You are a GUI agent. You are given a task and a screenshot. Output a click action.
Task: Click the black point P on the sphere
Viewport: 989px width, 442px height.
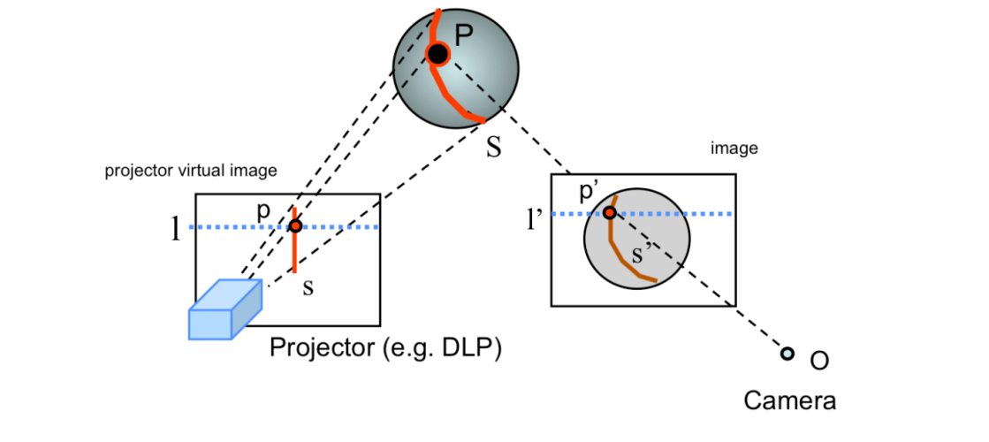437,55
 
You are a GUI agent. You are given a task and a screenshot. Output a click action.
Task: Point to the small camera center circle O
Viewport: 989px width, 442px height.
787,355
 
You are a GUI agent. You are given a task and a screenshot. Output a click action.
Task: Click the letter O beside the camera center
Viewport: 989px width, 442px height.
818,361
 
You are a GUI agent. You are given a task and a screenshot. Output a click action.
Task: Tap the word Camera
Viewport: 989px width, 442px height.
789,401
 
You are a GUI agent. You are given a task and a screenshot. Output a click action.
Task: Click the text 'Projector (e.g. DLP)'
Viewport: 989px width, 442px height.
385,348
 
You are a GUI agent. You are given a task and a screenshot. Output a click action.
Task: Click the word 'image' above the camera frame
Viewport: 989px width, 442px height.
734,149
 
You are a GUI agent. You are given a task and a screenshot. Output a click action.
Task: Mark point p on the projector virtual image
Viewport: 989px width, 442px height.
295,226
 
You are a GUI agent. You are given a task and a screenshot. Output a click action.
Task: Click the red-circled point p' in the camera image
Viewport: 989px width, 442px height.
610,213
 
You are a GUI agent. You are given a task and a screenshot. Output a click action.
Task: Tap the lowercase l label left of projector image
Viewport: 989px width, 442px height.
176,231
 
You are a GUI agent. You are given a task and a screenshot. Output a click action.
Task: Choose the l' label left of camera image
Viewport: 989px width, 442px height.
536,217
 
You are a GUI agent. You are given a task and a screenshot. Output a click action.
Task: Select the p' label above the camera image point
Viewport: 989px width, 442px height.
590,194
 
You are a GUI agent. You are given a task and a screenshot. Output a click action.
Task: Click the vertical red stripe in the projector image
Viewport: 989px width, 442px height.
294,252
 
